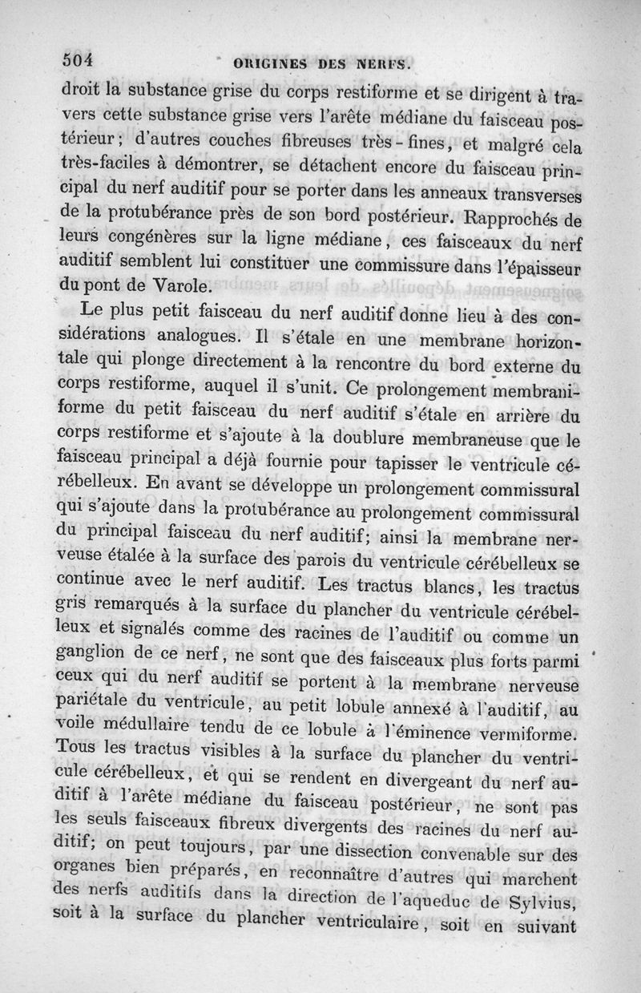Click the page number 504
pyautogui.click(x=79, y=60)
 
